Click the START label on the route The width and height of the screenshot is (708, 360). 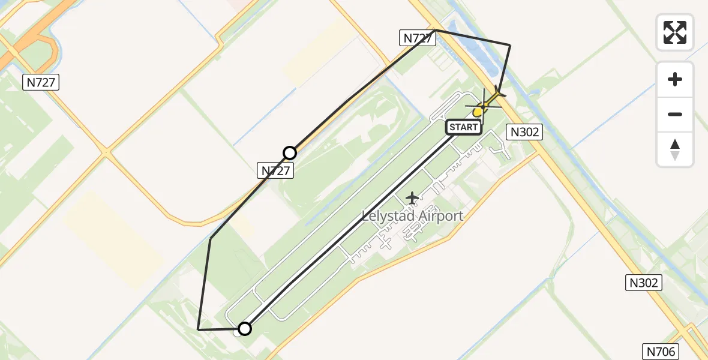point(463,127)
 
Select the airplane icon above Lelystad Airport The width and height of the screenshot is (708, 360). point(412,197)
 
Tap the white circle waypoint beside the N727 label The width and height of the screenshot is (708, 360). point(290,152)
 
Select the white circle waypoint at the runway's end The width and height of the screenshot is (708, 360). point(244,328)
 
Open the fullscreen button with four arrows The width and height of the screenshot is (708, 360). point(675,32)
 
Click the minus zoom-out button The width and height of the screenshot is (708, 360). point(675,114)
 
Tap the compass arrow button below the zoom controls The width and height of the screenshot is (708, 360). point(675,149)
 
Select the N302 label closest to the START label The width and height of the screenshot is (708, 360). point(525,132)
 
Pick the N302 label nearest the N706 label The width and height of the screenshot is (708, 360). point(644,283)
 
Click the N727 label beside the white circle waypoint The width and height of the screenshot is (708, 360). point(276,170)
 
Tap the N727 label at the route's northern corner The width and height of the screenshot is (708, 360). point(416,38)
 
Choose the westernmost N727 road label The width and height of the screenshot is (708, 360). point(41,83)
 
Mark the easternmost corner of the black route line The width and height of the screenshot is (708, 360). point(510,45)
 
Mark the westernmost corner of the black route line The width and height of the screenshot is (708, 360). point(198,329)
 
